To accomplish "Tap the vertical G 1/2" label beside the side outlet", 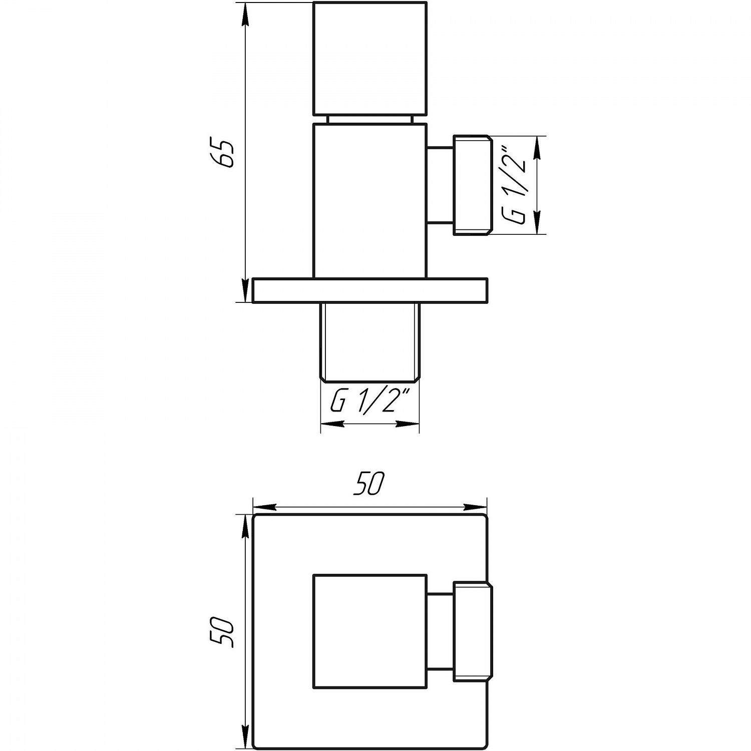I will [516, 185].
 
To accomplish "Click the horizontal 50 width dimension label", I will [369, 484].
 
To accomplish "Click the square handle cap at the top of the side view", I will [369, 59].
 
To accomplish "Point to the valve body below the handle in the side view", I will [369, 200].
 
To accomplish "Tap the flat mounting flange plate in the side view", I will [369, 291].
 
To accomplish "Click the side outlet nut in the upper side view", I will [471, 185].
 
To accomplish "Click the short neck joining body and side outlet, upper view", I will [440, 185].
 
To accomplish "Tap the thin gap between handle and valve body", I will [369, 119].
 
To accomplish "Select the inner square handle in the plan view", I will [369, 631].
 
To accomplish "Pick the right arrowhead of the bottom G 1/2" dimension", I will [408, 424].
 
